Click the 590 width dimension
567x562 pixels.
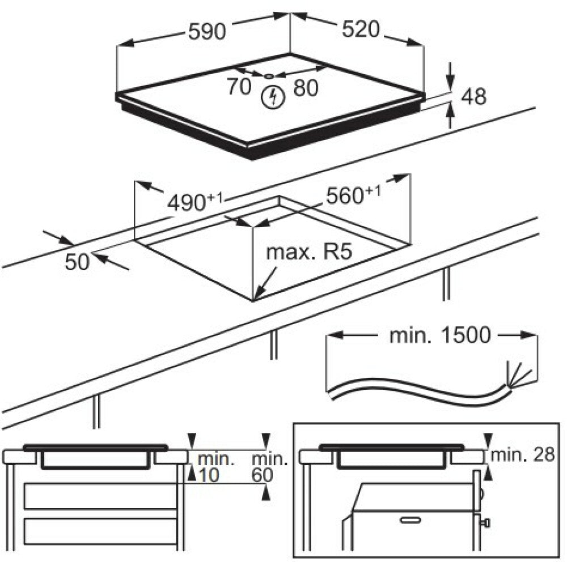point(207,31)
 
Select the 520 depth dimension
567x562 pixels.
point(361,29)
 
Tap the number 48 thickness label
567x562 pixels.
point(473,96)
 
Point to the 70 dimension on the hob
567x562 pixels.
point(239,87)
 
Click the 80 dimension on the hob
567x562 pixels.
point(306,88)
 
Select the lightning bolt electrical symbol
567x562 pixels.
point(273,97)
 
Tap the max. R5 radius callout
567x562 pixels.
point(309,252)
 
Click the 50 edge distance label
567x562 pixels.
point(77,262)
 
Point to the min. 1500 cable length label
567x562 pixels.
point(440,335)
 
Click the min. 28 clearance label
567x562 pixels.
point(523,454)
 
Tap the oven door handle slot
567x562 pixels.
point(411,520)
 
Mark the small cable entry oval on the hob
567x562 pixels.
point(269,76)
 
